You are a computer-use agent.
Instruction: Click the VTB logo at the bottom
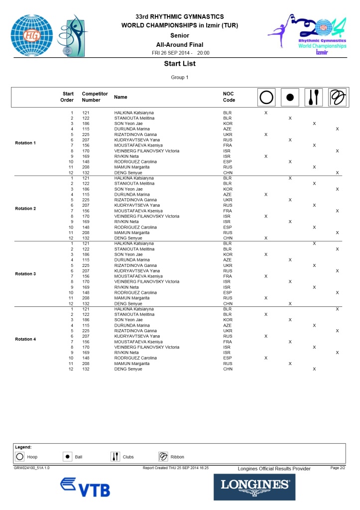pyautogui.click(x=85, y=487)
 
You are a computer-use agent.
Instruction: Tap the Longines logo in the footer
pyautogui.click(x=254, y=487)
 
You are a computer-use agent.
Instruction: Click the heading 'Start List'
pyautogui.click(x=180, y=64)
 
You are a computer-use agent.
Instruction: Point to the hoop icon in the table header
pyautogui.click(x=266, y=97)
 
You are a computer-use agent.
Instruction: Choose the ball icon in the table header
pyautogui.click(x=290, y=97)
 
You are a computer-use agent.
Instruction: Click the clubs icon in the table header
pyautogui.click(x=314, y=97)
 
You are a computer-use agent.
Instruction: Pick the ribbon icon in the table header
pyautogui.click(x=338, y=97)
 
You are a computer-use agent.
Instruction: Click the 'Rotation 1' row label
pyautogui.click(x=25, y=143)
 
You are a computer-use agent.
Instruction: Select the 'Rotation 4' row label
pyautogui.click(x=25, y=339)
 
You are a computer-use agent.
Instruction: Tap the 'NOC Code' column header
pyautogui.click(x=229, y=97)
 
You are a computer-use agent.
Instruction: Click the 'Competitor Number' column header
pyautogui.click(x=91, y=97)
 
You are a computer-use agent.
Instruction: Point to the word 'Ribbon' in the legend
pyautogui.click(x=177, y=457)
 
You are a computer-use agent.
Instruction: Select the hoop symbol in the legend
pyautogui.click(x=20, y=456)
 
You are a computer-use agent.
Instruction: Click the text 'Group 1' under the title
pyautogui.click(x=180, y=77)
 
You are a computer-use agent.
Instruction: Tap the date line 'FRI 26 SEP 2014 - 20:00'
pyautogui.click(x=180, y=53)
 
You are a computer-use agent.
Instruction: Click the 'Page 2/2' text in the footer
pyautogui.click(x=338, y=468)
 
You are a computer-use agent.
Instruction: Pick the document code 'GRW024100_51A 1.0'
pyautogui.click(x=31, y=468)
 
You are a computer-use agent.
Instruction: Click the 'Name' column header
pyautogui.click(x=120, y=97)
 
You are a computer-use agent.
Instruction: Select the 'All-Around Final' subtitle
pyautogui.click(x=180, y=45)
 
